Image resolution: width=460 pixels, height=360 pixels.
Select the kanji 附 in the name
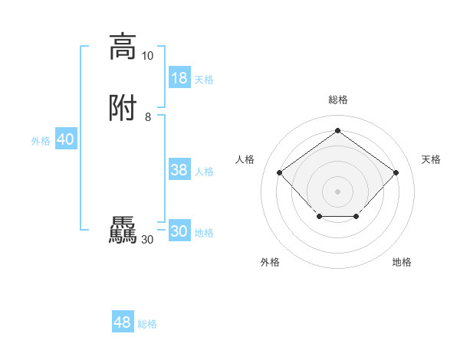coord(123,108)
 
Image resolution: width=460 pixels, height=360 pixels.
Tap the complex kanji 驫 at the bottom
coord(123,231)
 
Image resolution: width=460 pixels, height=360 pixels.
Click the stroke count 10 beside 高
coord(147,55)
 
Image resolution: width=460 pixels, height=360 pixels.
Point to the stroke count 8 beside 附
coord(147,116)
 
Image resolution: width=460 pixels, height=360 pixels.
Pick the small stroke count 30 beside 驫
coord(147,240)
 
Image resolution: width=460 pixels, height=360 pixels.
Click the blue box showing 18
coord(179,78)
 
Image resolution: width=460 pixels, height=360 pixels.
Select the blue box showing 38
coord(179,170)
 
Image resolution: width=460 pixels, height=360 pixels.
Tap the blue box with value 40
coord(65,139)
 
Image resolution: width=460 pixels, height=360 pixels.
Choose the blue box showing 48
coord(123,322)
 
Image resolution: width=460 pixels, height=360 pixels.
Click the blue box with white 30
coord(179,231)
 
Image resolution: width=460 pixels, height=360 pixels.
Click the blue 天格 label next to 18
coord(204,80)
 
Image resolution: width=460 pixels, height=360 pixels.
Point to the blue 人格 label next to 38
coord(204,172)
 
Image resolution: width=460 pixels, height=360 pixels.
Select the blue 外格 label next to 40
coord(41,141)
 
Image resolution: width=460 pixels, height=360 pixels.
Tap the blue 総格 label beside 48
coord(147,324)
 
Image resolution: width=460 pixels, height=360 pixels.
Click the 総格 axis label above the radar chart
coord(337,100)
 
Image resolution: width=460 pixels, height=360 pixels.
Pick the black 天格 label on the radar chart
coord(431,159)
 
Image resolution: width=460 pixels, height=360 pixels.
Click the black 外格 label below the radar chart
coord(270,262)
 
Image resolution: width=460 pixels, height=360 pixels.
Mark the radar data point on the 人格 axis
coord(280,173)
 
